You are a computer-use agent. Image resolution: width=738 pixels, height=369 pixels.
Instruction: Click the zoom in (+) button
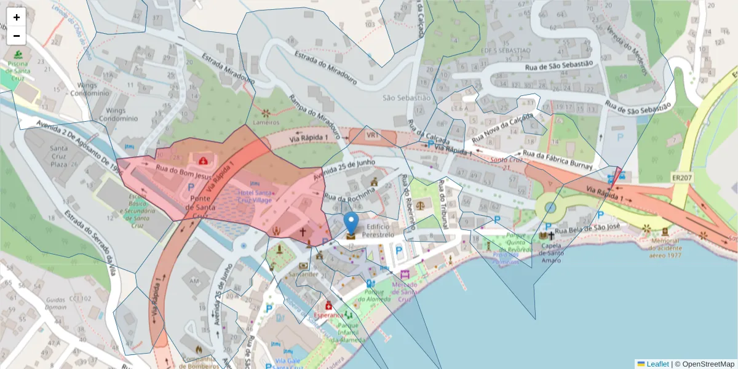[17, 17]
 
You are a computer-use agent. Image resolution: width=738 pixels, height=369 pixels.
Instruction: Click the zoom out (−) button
[17, 36]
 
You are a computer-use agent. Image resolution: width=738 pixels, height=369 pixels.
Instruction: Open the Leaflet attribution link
[657, 364]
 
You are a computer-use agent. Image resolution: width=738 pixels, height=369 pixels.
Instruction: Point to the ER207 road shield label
[682, 177]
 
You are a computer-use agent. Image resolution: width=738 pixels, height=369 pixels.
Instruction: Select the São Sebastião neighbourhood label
[406, 98]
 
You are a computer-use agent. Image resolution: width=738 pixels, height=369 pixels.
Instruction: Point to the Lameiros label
[266, 122]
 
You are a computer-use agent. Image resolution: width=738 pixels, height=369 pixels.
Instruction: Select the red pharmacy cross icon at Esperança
[328, 306]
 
